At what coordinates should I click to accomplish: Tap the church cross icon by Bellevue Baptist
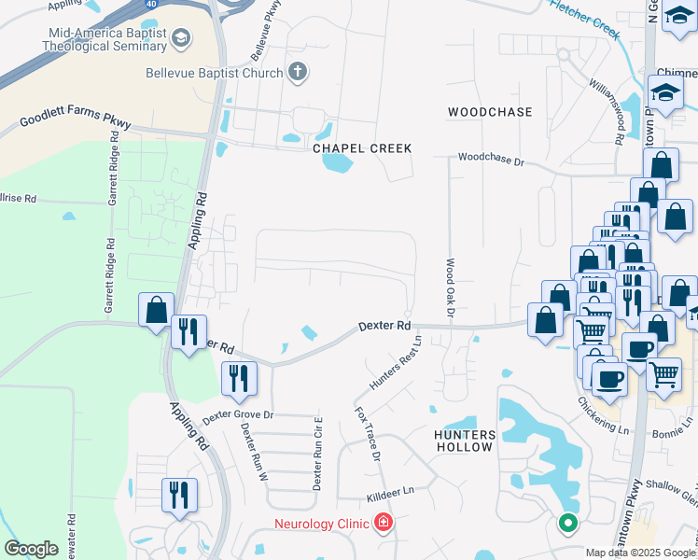(298, 71)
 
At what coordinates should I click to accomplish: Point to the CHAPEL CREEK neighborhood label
(362, 148)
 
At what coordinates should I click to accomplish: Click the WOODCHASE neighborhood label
(490, 112)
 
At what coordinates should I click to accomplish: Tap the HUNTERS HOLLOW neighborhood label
(464, 441)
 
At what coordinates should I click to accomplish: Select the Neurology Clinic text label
(320, 524)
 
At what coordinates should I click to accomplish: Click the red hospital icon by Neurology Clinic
(383, 523)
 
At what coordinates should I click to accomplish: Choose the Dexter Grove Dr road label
(238, 414)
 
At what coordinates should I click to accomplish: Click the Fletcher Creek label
(585, 19)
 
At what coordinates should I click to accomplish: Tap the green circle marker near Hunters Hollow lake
(567, 523)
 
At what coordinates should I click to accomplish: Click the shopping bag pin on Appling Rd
(157, 310)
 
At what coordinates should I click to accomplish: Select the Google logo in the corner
(31, 549)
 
